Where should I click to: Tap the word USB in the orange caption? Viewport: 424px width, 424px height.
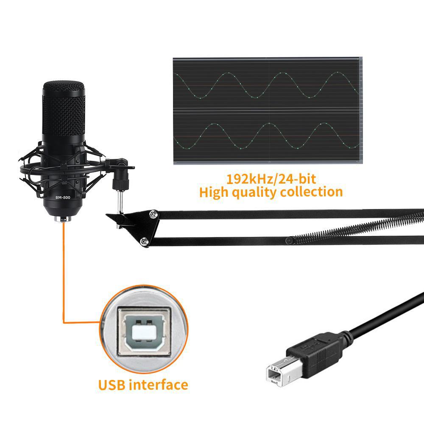(x=113, y=385)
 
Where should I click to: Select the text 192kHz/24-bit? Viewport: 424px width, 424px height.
(x=271, y=178)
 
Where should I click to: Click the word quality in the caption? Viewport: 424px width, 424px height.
(x=258, y=192)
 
